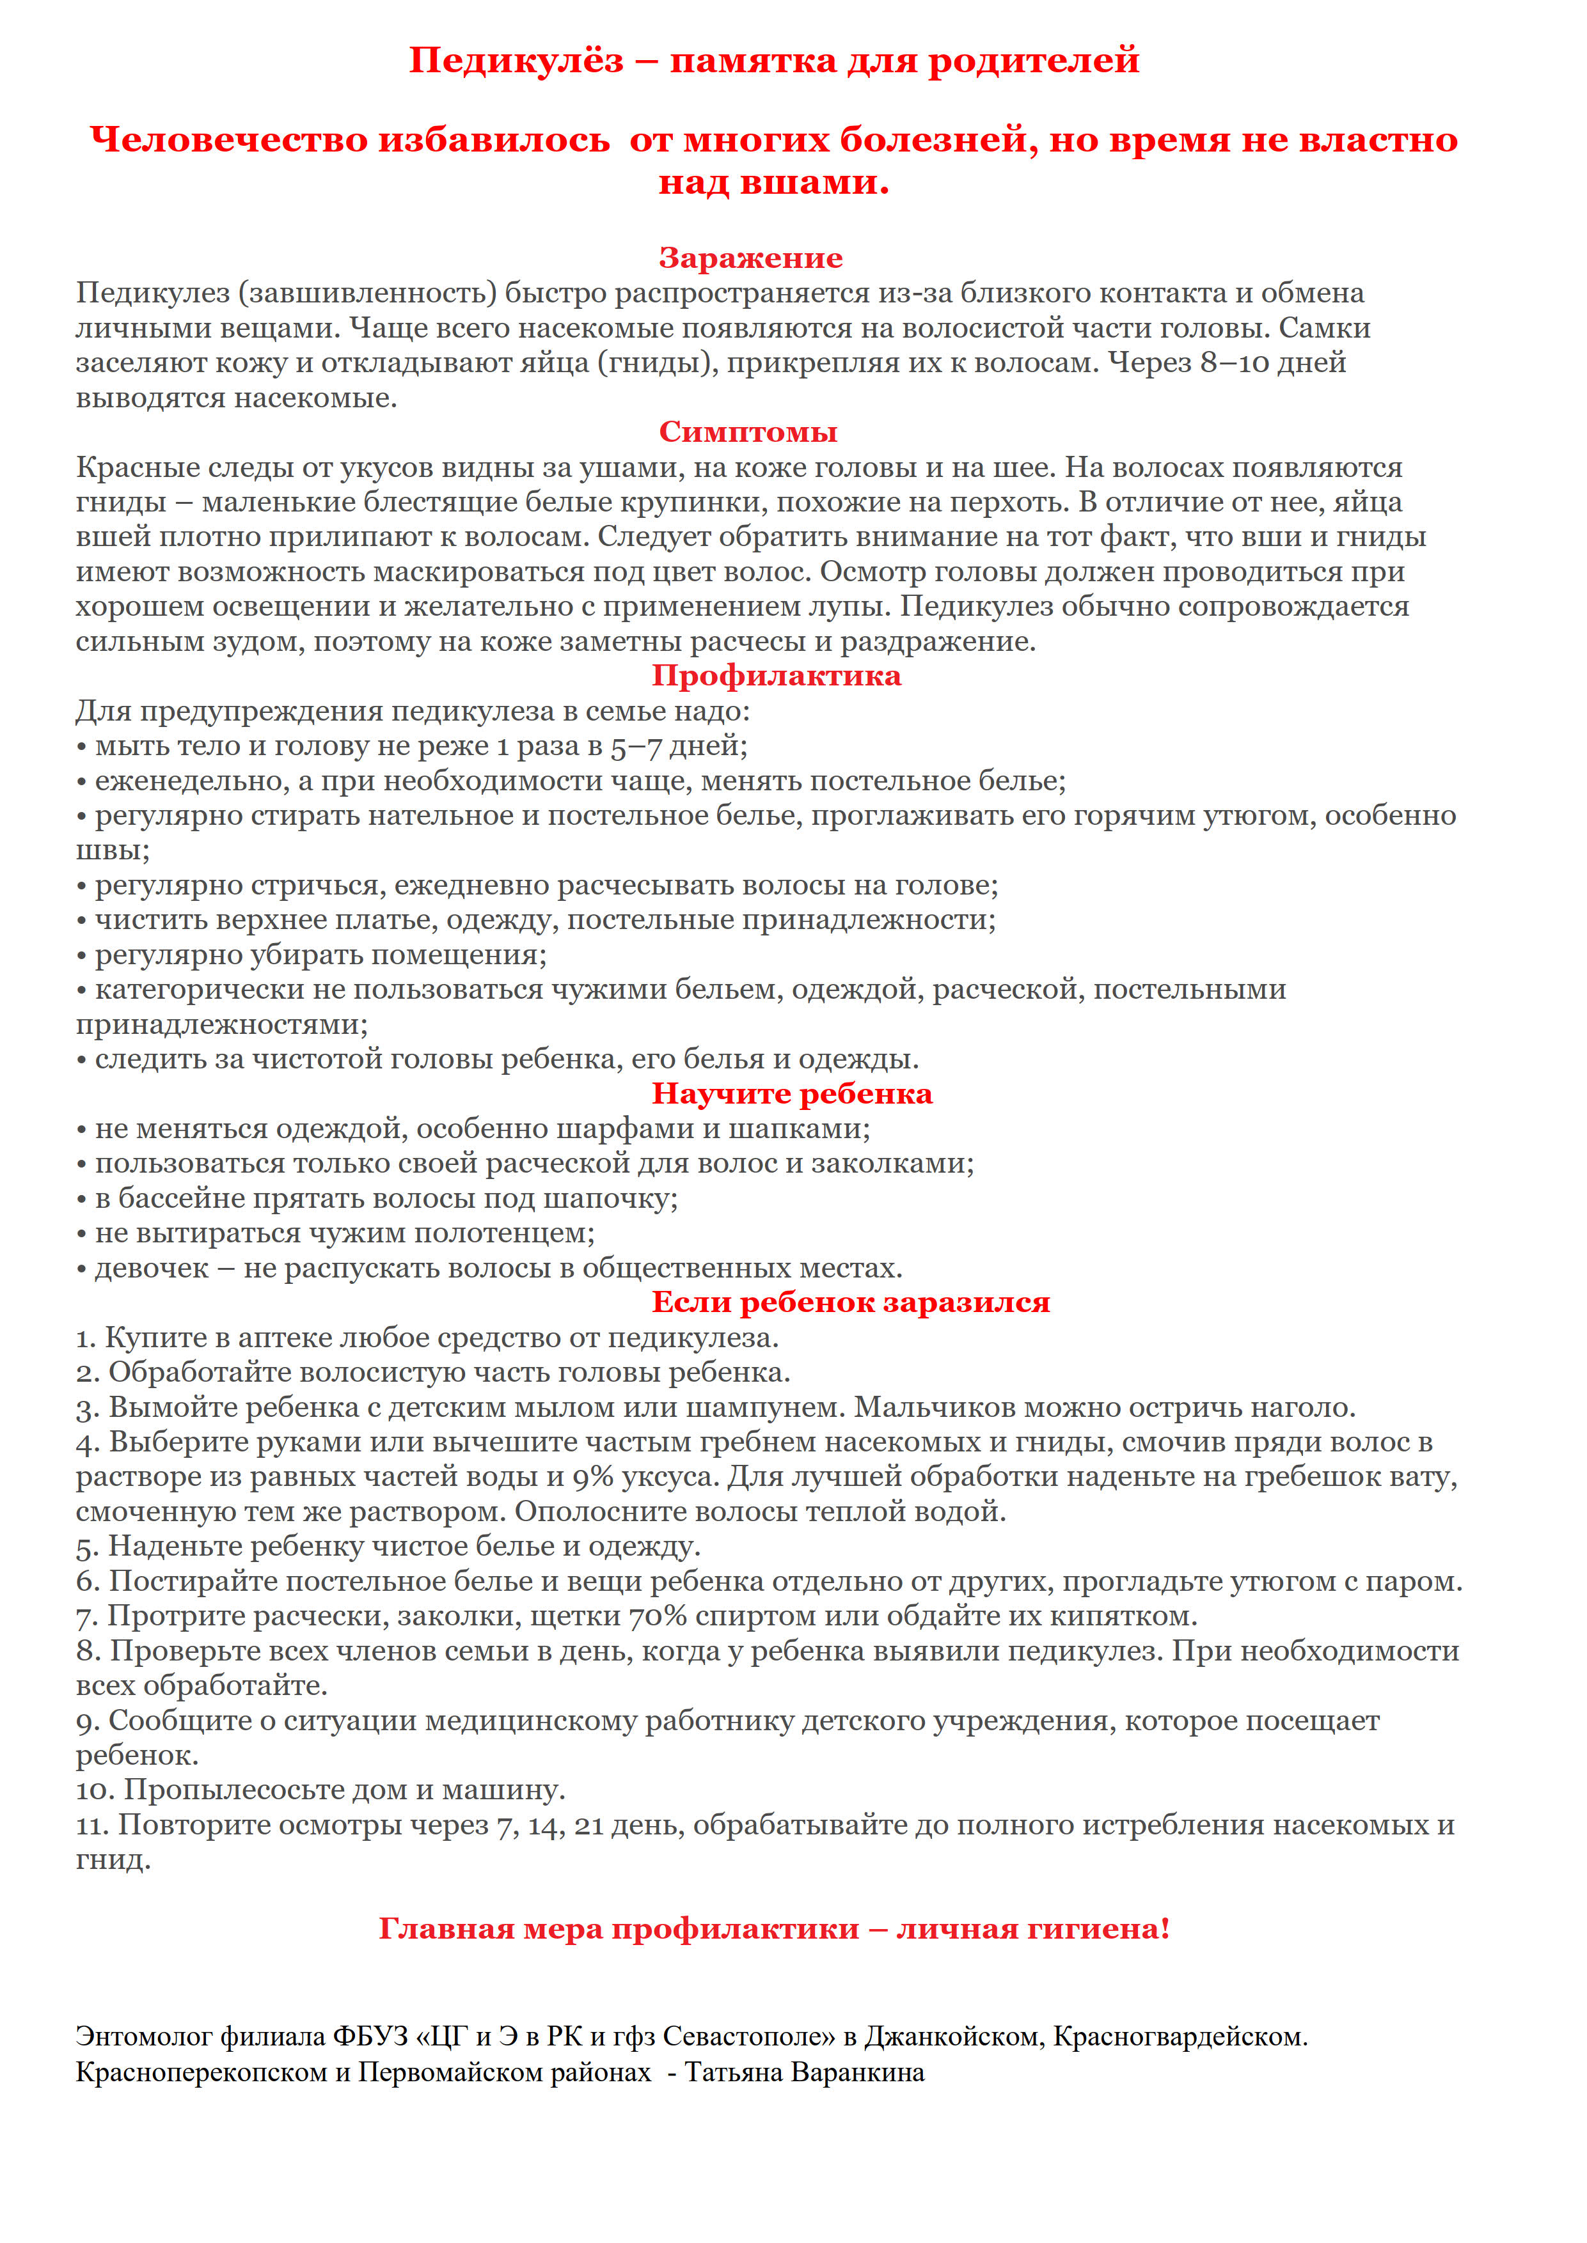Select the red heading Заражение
[750, 258]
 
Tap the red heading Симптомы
[748, 432]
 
